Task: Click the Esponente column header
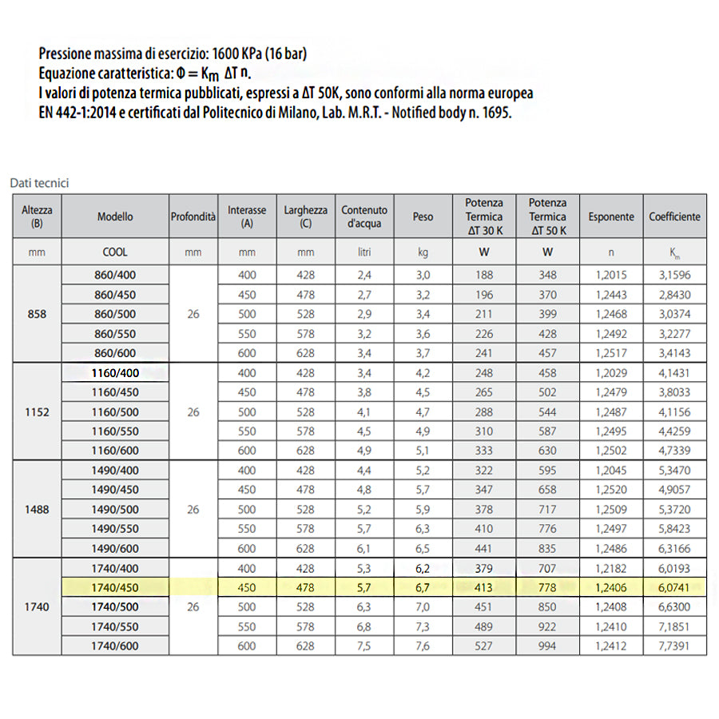pos(611,216)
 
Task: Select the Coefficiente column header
pos(674,216)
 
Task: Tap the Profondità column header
pos(193,216)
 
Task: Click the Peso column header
pos(423,216)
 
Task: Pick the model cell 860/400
pos(115,276)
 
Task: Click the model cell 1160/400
pos(115,373)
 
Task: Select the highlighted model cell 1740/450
pos(115,588)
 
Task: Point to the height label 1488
pos(37,509)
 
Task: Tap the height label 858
pos(37,314)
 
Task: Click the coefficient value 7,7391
pos(674,646)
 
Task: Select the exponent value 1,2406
pos(611,588)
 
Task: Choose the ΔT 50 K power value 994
pos(547,646)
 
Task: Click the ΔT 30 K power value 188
pos(484,276)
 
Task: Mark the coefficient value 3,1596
pos(674,276)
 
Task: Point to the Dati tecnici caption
pos(39,183)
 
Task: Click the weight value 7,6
pos(423,646)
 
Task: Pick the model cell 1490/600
pos(115,548)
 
